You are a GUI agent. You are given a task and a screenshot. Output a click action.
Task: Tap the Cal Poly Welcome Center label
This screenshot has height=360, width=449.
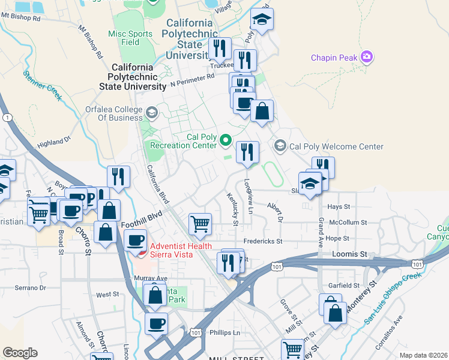coord(336,146)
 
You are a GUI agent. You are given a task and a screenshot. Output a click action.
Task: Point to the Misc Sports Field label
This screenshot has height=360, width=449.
coord(131,38)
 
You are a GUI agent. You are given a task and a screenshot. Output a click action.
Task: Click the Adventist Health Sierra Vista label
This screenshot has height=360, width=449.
coord(180,250)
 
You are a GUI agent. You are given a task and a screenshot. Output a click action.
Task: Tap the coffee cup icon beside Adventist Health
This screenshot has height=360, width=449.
coord(136,239)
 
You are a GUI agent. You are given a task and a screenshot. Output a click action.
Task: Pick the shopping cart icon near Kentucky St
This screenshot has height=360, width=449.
coord(200,224)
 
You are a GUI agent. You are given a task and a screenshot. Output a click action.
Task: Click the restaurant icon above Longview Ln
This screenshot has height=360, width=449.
coord(247,152)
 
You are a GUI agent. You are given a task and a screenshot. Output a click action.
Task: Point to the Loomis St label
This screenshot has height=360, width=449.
coord(349,254)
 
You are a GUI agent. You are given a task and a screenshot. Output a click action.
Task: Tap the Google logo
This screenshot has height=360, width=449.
coord(20,352)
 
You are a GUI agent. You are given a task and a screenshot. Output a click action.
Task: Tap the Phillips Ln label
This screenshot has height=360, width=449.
coord(225,332)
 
